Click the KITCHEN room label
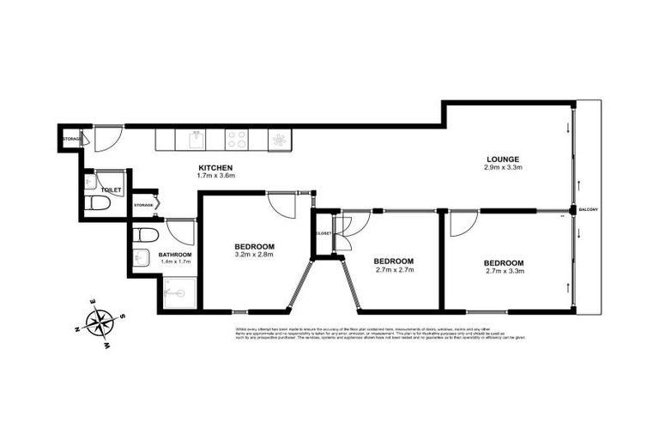coord(215,167)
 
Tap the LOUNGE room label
coord(503,159)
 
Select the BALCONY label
coord(588,209)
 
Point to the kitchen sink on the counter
coord(196,138)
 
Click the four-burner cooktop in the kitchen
coord(237,138)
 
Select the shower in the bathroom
coord(177,292)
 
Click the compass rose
coord(102,323)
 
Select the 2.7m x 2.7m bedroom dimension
coord(394,270)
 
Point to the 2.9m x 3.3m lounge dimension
coord(503,169)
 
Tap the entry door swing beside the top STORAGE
coord(106,137)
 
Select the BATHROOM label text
coord(174,256)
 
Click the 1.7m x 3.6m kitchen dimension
coord(215,176)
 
